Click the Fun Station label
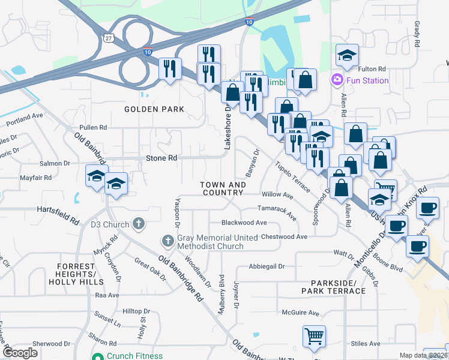(367, 80)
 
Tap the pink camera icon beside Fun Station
(336, 80)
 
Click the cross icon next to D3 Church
(139, 224)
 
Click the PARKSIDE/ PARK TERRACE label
(339, 286)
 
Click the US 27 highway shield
(109, 38)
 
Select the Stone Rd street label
(161, 158)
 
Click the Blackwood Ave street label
(244, 223)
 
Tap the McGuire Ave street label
(301, 313)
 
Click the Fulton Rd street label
(373, 70)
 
